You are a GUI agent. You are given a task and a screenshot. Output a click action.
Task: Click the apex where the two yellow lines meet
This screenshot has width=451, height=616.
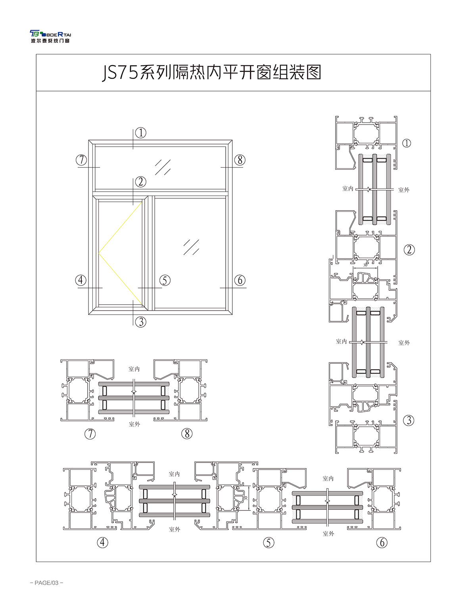[x=99, y=253]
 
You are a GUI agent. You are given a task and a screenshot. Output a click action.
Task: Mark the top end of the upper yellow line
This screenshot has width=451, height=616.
[x=142, y=202]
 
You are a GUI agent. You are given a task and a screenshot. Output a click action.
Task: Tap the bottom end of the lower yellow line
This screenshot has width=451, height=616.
[x=142, y=305]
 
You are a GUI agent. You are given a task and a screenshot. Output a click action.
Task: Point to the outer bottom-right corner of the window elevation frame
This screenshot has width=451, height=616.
[x=232, y=314]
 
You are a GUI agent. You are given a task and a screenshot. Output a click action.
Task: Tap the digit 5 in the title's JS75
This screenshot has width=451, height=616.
[x=133, y=72]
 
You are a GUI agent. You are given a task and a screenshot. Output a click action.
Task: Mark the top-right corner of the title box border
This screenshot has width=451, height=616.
[x=430, y=54]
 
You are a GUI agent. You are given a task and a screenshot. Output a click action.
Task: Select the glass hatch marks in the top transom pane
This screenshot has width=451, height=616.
[x=163, y=167]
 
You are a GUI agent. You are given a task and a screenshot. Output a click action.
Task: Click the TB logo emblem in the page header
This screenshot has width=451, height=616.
[x=35, y=34]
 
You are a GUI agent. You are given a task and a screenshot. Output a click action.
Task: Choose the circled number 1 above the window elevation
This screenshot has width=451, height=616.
[x=141, y=132]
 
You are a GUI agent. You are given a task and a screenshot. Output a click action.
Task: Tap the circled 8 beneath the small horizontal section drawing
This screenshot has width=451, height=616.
[x=187, y=434]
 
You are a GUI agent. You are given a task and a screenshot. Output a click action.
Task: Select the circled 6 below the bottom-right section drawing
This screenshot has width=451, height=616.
[x=382, y=543]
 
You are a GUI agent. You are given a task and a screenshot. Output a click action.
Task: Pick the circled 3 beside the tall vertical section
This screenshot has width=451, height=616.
[x=409, y=420]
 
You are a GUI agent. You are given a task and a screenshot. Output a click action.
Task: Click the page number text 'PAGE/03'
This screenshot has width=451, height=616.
[x=46, y=583]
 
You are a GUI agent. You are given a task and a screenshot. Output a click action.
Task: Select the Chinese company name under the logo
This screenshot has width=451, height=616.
[x=50, y=41]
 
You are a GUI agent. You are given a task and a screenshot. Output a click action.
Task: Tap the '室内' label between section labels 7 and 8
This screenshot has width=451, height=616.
[x=134, y=369]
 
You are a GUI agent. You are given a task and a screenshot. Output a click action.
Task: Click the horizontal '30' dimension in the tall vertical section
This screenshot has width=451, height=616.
[x=365, y=265]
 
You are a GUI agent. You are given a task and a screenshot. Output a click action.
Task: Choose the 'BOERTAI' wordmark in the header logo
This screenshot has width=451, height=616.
[x=57, y=35]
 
